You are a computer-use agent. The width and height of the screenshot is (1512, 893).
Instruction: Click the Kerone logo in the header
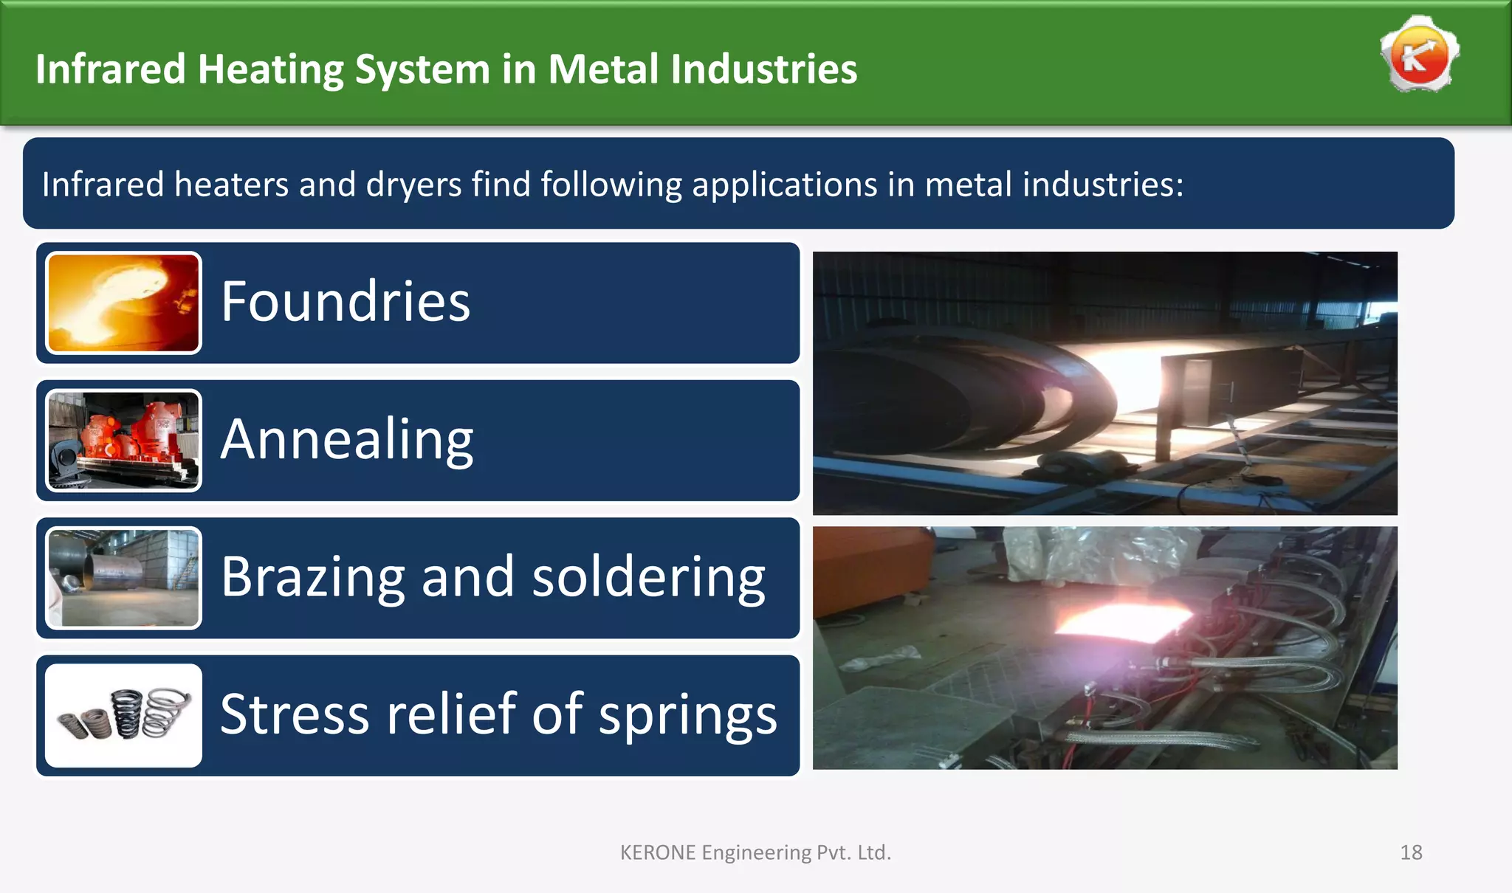[1419, 55]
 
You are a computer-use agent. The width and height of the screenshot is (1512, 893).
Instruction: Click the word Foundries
[346, 302]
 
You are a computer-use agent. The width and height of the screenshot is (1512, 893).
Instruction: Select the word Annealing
[347, 440]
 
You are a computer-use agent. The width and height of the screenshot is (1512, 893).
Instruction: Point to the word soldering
[648, 577]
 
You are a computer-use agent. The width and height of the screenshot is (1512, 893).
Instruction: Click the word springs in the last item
[687, 714]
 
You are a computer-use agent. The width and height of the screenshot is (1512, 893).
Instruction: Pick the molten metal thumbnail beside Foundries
[123, 303]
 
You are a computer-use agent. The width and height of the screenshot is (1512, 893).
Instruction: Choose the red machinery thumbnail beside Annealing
[123, 440]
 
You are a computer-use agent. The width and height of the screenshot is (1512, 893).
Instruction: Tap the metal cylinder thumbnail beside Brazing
[123, 578]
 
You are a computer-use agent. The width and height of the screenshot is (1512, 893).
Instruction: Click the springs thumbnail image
[123, 715]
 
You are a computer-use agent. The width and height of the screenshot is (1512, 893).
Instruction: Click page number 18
[1411, 852]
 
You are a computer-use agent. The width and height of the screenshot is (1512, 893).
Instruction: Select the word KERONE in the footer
[657, 852]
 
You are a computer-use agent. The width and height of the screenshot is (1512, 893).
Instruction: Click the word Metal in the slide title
[602, 69]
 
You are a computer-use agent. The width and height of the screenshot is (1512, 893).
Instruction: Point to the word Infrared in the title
[110, 69]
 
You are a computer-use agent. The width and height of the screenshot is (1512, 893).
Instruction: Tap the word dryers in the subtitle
[413, 185]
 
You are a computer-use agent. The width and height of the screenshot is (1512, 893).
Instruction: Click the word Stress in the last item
[294, 714]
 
